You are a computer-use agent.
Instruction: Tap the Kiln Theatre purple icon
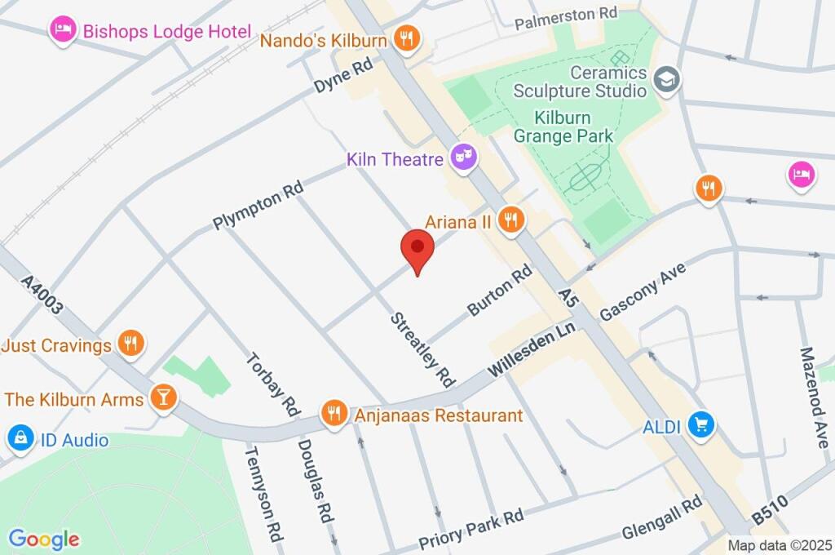(464, 158)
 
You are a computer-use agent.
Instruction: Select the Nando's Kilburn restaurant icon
(405, 37)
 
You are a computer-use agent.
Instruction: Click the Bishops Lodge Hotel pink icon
(63, 31)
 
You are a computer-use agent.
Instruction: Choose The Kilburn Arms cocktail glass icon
(163, 398)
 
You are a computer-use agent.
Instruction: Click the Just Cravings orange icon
(130, 344)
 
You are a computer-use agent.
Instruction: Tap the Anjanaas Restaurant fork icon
(334, 413)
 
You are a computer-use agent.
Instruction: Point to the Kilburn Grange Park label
(563, 127)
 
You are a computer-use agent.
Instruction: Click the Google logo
(43, 539)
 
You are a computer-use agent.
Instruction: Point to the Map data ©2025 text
(780, 545)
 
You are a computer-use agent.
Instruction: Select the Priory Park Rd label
(471, 529)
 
